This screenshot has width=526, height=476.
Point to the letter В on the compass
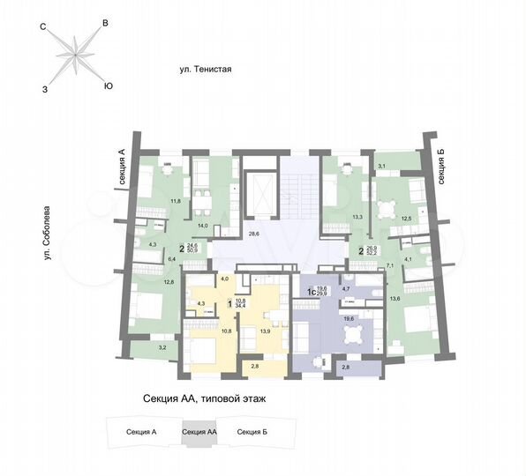point(106,24)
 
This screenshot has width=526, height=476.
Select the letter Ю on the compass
point(108,86)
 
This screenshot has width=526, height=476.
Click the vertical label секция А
point(122,167)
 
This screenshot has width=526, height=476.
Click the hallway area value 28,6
point(253,234)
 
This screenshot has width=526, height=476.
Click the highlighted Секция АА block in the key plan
point(199,432)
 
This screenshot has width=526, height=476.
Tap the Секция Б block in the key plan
point(253,432)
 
